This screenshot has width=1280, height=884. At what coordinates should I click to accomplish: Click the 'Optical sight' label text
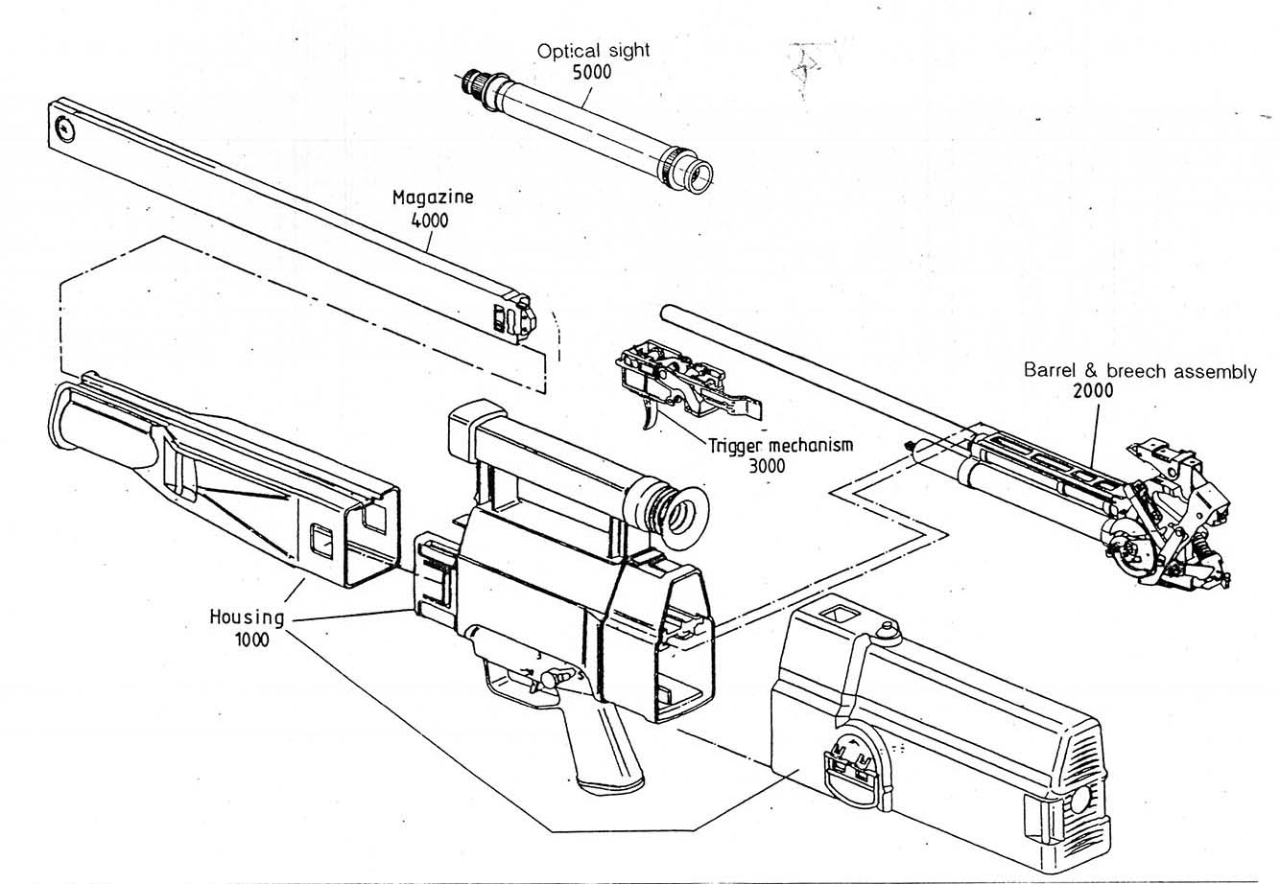pos(593,52)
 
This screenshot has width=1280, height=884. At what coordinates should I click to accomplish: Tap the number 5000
pos(592,72)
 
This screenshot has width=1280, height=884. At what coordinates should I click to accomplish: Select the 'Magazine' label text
pos(433,198)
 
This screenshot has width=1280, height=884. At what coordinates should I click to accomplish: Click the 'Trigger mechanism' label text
pos(781,446)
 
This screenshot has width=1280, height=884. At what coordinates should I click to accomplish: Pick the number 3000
pos(767,466)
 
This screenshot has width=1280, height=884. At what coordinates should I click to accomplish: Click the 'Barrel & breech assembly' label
pos(1139,371)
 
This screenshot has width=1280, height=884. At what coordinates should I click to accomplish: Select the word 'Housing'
pos(247,616)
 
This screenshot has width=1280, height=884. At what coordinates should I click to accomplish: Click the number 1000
pos(250,639)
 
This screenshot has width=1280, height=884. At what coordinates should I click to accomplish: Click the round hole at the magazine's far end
pos(64,127)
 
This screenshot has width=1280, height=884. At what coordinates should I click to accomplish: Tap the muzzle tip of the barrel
pos(663,311)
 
